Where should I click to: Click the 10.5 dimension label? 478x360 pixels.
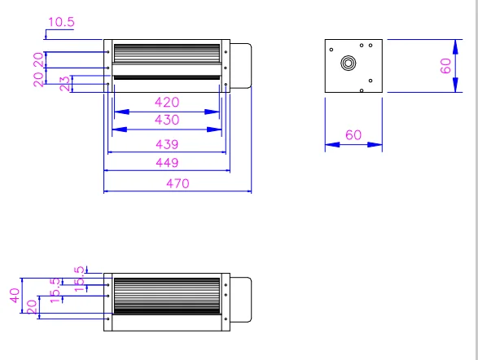click(60, 23)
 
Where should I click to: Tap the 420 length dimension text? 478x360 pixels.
click(167, 103)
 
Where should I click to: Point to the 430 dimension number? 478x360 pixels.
click(167, 120)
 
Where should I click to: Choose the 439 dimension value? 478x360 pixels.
click(167, 144)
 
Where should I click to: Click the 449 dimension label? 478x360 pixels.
click(167, 163)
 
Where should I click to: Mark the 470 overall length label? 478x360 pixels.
click(177, 183)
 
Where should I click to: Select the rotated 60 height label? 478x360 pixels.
click(446, 65)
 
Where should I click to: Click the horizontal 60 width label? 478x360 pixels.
click(353, 135)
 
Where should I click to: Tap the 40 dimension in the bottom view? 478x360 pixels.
click(14, 295)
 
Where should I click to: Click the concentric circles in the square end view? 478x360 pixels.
click(349, 63)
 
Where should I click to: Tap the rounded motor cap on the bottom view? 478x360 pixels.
click(242, 295)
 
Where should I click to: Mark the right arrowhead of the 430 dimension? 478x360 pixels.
click(220, 129)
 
